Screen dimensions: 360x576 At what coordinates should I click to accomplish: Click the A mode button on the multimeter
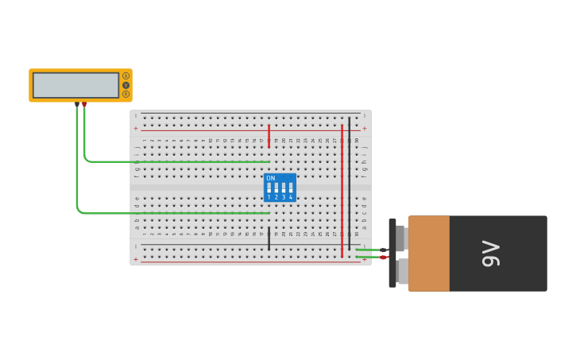pos(126,76)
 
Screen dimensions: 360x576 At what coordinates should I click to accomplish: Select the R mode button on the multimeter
pos(126,94)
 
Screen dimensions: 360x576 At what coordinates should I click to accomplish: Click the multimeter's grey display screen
pos(75,85)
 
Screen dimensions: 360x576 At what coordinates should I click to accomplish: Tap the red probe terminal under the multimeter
pos(84,104)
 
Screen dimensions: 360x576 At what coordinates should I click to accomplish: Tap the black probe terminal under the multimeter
pos(77,104)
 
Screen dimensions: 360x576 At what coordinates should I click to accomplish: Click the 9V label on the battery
pos(491,254)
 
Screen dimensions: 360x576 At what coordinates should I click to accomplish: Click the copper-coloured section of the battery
pos(429,254)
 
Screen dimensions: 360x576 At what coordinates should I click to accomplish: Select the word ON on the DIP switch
pos(271,178)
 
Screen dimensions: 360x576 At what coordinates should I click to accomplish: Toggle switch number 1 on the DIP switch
pos(269,188)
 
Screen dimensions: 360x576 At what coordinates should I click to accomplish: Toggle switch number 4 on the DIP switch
pos(291,188)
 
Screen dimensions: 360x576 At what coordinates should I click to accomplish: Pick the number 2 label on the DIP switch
pos(276,197)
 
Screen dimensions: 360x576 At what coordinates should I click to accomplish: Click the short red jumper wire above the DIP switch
pos(269,135)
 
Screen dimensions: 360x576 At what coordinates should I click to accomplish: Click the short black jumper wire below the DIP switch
pos(269,238)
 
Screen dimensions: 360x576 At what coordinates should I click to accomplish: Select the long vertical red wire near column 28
pos(342,191)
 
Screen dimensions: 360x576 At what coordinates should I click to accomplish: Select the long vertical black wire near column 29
pos(350,183)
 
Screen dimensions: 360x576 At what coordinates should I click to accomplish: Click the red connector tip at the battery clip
pos(383,257)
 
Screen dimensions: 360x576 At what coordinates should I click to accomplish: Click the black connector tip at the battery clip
pos(383,250)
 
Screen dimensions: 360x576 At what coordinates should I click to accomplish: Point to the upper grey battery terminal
pos(401,238)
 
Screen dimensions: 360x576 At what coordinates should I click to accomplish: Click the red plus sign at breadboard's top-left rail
pos(136,128)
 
